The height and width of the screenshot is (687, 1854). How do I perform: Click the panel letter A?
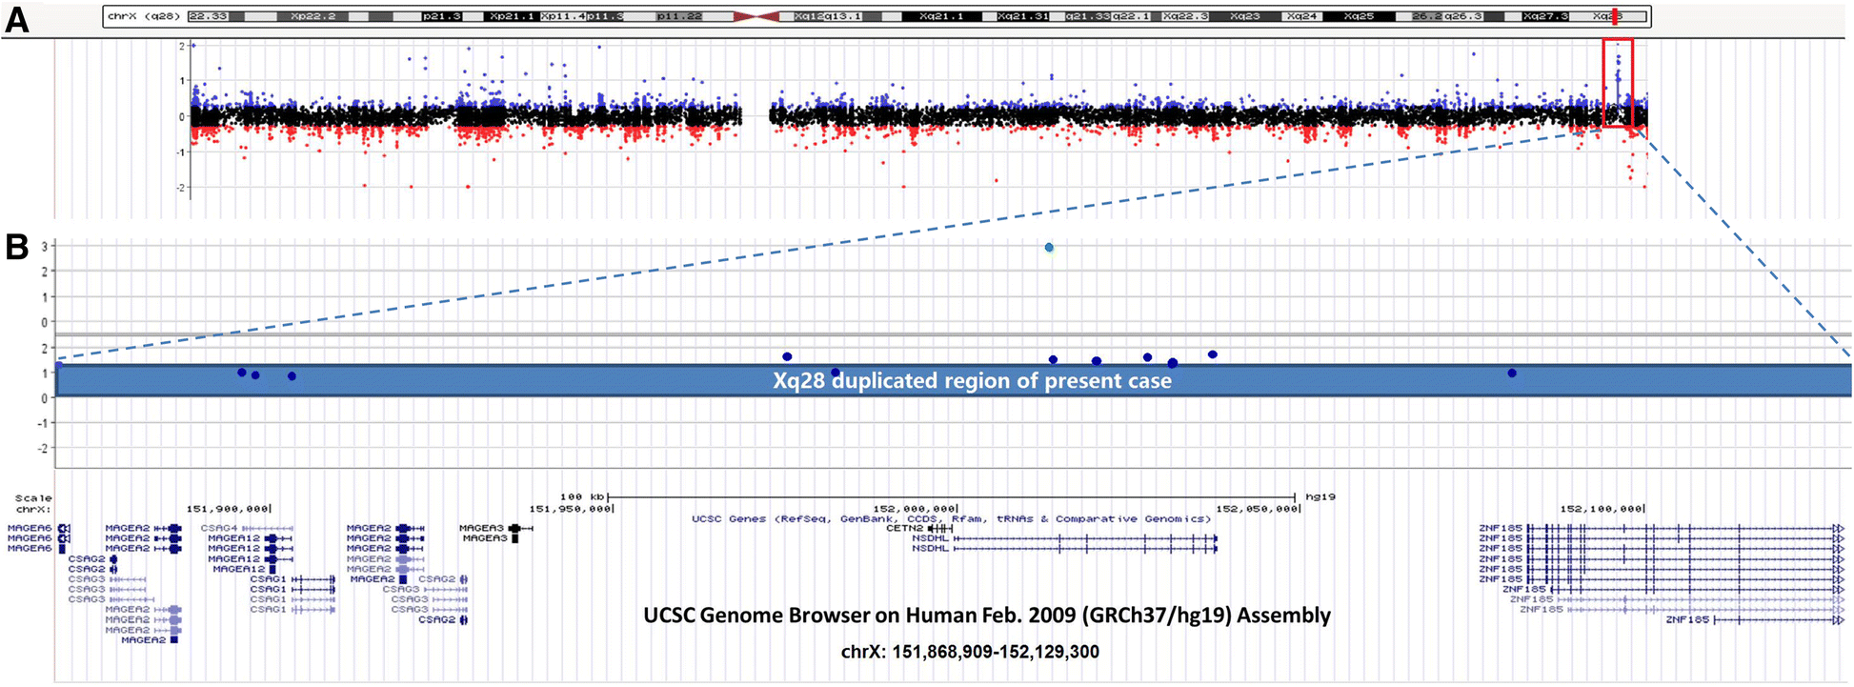[16, 18]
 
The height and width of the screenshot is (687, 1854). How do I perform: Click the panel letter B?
[16, 246]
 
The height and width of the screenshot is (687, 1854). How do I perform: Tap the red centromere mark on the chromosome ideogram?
[756, 16]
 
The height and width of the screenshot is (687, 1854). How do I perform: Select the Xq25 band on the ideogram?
[1359, 16]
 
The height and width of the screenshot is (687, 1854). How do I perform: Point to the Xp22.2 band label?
[312, 16]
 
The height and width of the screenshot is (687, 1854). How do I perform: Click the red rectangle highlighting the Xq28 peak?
[1618, 83]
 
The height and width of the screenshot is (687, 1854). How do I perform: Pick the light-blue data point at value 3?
[1049, 248]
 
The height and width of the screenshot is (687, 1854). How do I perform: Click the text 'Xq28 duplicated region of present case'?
[972, 381]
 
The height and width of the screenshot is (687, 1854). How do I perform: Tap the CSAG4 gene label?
[219, 528]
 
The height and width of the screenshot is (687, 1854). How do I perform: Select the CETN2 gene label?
[904, 528]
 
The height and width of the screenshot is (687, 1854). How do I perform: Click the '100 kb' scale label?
[583, 497]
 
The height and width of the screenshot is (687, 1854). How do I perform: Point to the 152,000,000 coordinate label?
[915, 509]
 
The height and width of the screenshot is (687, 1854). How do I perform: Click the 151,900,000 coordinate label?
[228, 509]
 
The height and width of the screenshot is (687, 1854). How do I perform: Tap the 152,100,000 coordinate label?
[1602, 509]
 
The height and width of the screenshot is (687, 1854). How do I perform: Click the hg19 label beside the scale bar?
[1320, 497]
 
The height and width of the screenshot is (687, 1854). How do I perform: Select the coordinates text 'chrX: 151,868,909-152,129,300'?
[970, 652]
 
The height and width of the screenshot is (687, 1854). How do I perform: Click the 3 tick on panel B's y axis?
[45, 247]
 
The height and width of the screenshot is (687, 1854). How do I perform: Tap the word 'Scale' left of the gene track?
[33, 498]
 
